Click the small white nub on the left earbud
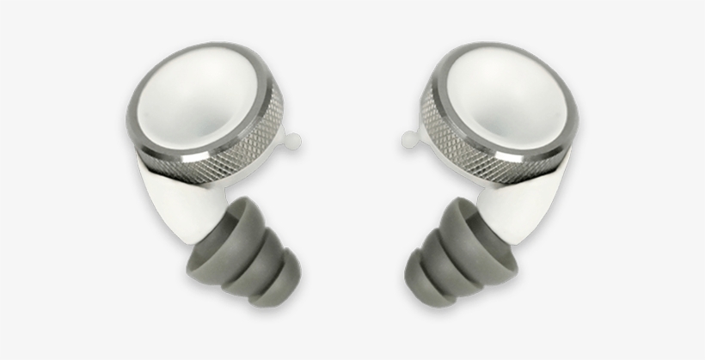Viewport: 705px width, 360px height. pyautogui.click(x=295, y=138)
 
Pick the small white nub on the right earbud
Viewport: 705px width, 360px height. pyautogui.click(x=408, y=137)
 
